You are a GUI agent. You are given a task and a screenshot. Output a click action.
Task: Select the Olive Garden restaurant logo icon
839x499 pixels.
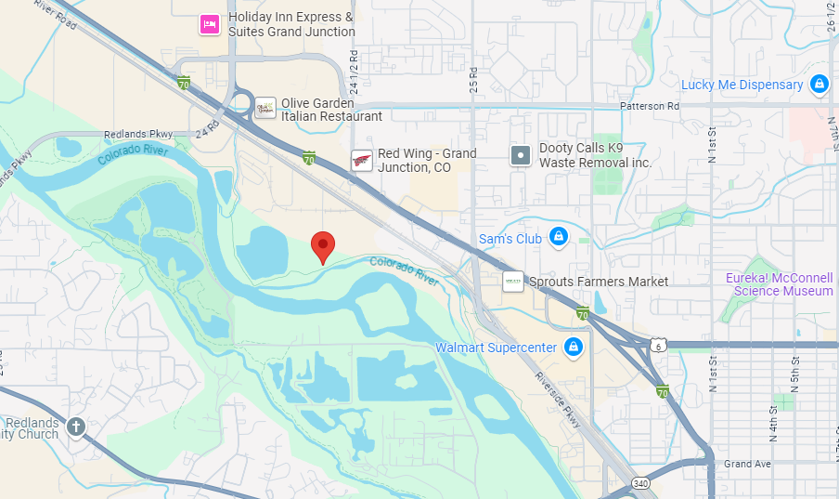tap(265, 109)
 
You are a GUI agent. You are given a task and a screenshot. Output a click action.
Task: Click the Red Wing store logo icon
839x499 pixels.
tap(362, 161)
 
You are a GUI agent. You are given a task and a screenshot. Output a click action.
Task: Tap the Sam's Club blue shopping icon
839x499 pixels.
tap(559, 238)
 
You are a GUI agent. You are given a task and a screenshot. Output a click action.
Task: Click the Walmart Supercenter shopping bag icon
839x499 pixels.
tap(574, 348)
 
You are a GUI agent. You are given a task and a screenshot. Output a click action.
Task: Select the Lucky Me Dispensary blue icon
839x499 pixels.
tap(819, 85)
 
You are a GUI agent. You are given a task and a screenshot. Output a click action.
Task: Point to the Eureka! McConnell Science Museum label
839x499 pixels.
tap(783, 284)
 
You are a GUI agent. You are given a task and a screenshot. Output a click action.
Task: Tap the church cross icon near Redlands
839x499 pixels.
tap(75, 427)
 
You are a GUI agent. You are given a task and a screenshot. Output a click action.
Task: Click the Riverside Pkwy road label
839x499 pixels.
tap(556, 399)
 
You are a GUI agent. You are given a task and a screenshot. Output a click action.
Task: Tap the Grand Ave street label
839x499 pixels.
tap(748, 464)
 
